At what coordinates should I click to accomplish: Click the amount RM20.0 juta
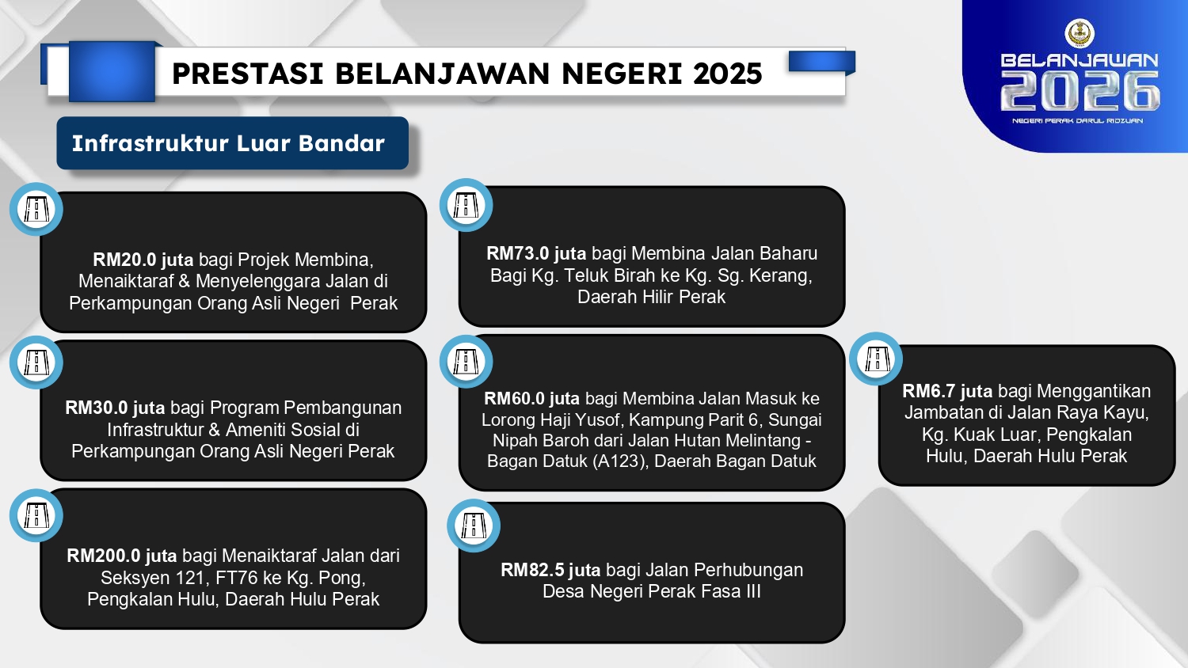[x=143, y=260]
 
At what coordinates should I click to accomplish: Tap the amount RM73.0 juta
[x=536, y=253]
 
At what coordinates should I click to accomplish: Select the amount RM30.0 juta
[x=115, y=408]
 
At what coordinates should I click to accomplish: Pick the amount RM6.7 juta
[x=947, y=391]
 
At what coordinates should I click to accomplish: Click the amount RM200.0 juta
[x=122, y=556]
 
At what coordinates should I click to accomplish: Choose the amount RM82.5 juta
[x=550, y=570]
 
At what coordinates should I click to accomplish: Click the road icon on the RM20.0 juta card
[x=36, y=209]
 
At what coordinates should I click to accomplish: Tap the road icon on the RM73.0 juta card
[x=466, y=205]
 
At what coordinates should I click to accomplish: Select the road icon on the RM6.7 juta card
[x=876, y=359]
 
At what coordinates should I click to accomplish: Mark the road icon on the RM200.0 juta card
[x=36, y=514]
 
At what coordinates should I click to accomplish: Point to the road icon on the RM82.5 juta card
[x=474, y=526]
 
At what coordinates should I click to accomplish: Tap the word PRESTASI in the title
[x=248, y=73]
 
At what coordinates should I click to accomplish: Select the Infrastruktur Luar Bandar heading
[x=228, y=143]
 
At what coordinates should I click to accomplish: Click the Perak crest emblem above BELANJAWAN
[x=1079, y=33]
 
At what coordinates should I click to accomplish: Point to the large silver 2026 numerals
[x=1079, y=91]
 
